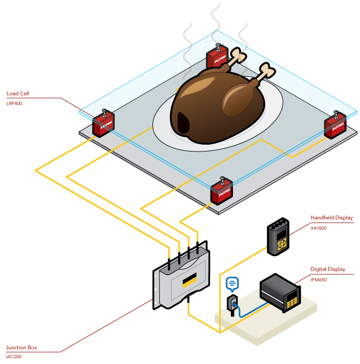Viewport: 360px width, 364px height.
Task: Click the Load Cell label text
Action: tap(18, 94)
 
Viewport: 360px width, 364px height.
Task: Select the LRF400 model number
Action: tap(15, 103)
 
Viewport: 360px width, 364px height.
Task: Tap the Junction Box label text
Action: tap(21, 348)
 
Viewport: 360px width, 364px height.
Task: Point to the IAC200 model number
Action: tap(14, 357)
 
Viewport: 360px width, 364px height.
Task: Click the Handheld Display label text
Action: tap(331, 218)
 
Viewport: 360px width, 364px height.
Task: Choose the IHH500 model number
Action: tap(318, 228)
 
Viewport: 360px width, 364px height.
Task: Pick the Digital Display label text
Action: tap(328, 269)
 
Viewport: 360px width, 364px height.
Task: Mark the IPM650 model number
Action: tap(319, 279)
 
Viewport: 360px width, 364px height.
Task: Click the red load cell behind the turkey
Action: tap(217, 56)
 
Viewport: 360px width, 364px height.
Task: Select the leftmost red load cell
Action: tap(104, 125)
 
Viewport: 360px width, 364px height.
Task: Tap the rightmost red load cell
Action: tap(336, 126)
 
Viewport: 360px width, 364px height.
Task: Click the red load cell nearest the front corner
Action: tap(222, 192)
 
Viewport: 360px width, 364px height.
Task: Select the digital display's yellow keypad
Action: tap(292, 303)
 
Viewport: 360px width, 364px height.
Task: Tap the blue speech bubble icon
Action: tap(232, 283)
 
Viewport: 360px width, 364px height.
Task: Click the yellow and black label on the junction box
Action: tap(190, 280)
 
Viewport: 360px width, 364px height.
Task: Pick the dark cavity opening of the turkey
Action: tap(184, 123)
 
